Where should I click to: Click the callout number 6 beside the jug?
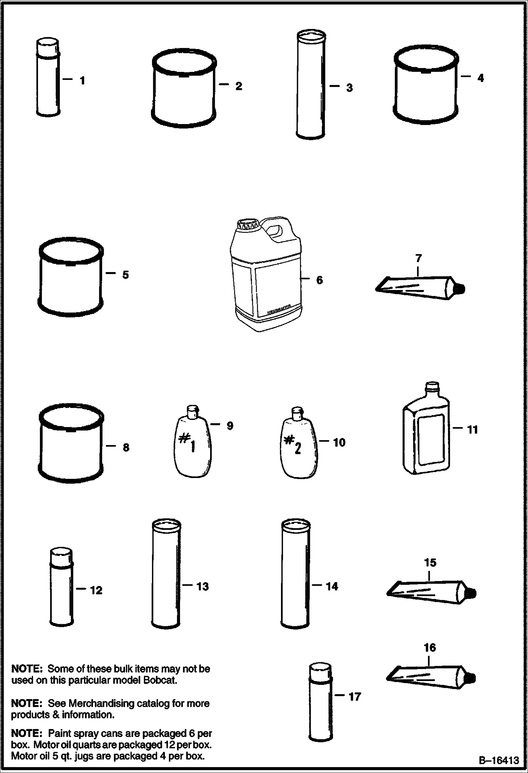coord(319,280)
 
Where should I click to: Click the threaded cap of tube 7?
coord(460,289)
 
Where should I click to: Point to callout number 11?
coord(472,429)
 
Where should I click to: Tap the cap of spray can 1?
coord(47,48)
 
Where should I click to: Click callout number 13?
coord(202,586)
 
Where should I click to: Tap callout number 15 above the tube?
coord(430,562)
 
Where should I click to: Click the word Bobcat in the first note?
coord(160,680)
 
